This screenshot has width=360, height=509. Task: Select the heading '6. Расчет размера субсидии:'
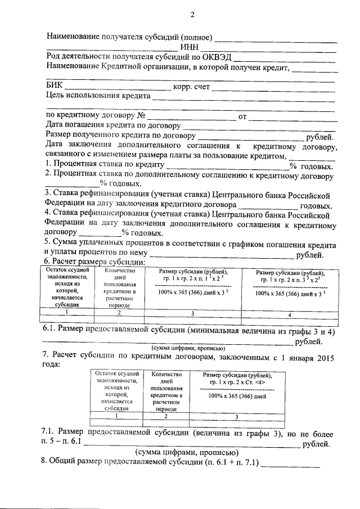coord(95,262)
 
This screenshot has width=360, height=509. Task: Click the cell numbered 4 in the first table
coord(289,314)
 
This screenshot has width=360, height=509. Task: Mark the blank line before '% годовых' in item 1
coord(227,167)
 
